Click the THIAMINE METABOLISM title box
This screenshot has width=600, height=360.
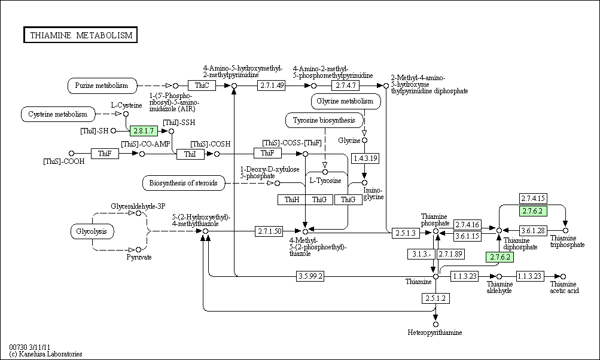click(x=81, y=35)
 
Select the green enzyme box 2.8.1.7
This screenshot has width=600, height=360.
click(x=144, y=130)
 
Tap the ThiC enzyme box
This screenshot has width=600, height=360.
click(x=201, y=86)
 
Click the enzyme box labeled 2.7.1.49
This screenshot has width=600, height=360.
click(x=272, y=86)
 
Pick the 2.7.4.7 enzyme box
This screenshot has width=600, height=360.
click(x=346, y=86)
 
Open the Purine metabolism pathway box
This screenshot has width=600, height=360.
click(x=102, y=86)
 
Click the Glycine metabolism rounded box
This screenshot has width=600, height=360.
click(x=346, y=101)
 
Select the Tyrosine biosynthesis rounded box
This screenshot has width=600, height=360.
click(x=324, y=120)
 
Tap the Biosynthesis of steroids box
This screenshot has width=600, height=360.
click(x=184, y=182)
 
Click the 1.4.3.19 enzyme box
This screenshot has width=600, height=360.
click(x=365, y=158)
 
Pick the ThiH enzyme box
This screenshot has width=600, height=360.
click(x=292, y=199)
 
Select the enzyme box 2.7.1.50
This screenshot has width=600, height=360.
click(x=270, y=231)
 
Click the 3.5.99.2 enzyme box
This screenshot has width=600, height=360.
click(x=310, y=276)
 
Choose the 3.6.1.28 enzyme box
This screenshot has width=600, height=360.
click(x=532, y=230)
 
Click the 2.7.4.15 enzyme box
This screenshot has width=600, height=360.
click(x=532, y=199)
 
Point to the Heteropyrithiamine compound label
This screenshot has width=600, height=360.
click(x=435, y=332)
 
